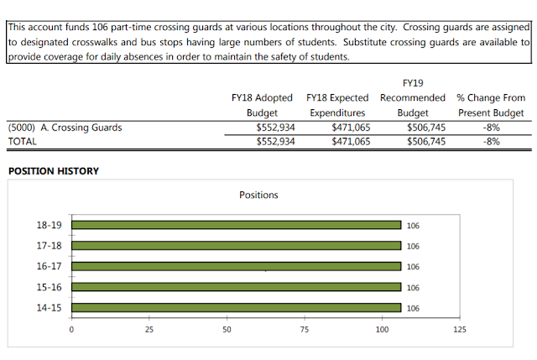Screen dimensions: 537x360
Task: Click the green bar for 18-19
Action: (x=237, y=225)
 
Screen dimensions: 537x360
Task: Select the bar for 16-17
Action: (x=237, y=267)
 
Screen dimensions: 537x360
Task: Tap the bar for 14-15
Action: (x=237, y=308)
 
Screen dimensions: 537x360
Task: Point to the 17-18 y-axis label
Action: (x=49, y=246)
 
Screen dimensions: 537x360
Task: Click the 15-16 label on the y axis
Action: (x=49, y=287)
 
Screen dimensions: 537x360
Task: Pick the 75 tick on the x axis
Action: (x=305, y=330)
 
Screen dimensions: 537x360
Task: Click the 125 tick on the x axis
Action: (x=460, y=330)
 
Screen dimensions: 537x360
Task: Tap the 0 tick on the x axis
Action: (x=71, y=330)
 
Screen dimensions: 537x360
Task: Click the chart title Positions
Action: (x=258, y=195)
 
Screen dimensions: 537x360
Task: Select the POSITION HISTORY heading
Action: (x=54, y=171)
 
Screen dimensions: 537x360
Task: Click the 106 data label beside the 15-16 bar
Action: (x=413, y=288)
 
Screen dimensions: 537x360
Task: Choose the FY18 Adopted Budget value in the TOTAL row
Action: (x=276, y=142)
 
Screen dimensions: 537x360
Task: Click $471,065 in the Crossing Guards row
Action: (x=351, y=128)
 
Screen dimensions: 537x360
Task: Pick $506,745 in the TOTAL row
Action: (x=426, y=142)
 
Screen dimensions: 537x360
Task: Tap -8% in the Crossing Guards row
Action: (x=492, y=128)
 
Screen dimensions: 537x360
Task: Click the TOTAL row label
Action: (x=23, y=142)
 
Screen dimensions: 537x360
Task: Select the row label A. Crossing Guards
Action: (x=81, y=128)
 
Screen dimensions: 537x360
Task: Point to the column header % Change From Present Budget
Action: (x=491, y=105)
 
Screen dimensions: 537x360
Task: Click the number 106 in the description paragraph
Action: (x=100, y=27)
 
